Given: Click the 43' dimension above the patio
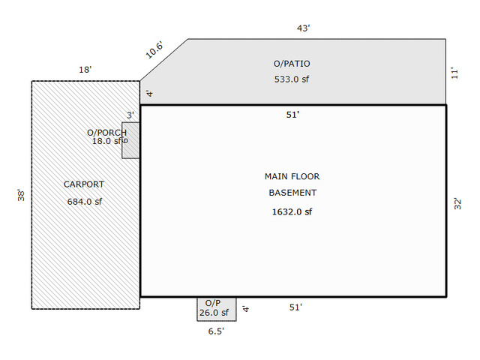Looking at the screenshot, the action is (303, 28).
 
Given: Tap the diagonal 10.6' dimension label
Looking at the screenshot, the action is (154, 49).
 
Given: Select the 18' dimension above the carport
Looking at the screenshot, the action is (85, 70).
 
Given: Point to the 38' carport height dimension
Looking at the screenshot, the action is (21, 195).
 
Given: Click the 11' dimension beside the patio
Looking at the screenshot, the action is (455, 73).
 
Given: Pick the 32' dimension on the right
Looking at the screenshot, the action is (457, 204).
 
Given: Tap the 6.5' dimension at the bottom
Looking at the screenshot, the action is (216, 331).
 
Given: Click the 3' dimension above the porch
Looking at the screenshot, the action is (130, 115).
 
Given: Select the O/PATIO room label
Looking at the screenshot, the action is (292, 64).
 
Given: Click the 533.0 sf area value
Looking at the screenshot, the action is (292, 79).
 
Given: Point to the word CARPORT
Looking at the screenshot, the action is (84, 184).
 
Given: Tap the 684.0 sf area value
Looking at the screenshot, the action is (85, 202).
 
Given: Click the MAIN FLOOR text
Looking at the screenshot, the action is (292, 177).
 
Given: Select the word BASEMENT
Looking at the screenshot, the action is (292, 193).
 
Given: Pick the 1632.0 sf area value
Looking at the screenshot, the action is (292, 211).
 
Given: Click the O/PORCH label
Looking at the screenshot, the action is (106, 133).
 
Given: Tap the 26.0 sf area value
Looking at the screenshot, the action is (214, 313).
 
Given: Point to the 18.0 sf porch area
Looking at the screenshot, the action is (106, 141).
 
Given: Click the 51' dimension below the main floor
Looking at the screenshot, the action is (295, 307).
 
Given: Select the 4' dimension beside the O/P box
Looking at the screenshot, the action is (246, 308).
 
